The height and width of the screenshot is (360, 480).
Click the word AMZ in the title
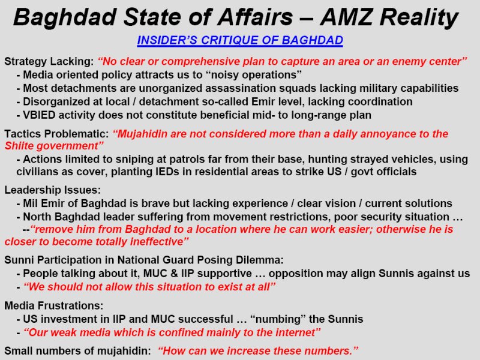coord(346,17)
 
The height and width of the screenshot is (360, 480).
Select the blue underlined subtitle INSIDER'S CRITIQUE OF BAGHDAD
coord(240,40)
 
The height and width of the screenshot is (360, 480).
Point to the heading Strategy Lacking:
coord(49,62)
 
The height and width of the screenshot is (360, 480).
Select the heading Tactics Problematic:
coord(56,134)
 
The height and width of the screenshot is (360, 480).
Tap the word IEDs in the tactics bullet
coord(167,172)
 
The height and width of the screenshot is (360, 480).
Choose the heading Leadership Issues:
coord(52,190)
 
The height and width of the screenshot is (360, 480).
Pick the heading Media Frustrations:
coord(54,305)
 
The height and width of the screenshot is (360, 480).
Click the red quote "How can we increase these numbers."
coord(258,351)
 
